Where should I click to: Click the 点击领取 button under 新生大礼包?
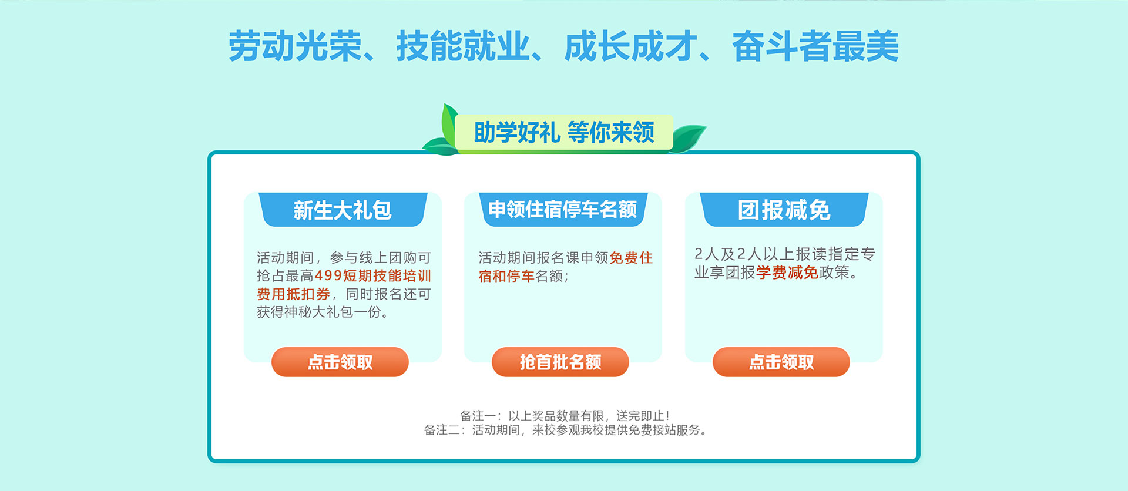click(340, 362)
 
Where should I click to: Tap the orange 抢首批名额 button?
click(560, 362)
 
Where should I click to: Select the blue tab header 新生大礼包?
click(343, 210)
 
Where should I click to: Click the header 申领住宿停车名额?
click(563, 209)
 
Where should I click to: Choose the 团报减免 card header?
click(784, 210)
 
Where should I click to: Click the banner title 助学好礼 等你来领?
click(564, 132)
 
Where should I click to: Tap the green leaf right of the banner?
click(688, 138)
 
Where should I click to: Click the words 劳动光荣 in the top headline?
click(295, 46)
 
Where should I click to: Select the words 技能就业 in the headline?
click(463, 46)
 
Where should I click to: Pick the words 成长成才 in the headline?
click(630, 46)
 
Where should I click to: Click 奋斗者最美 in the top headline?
click(815, 46)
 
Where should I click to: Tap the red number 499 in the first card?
click(328, 275)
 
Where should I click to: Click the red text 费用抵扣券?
click(293, 294)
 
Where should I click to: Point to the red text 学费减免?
click(787, 273)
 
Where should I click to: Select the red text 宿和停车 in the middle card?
click(506, 276)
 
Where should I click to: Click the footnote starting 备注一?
click(565, 416)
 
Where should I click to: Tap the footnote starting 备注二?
click(565, 430)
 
